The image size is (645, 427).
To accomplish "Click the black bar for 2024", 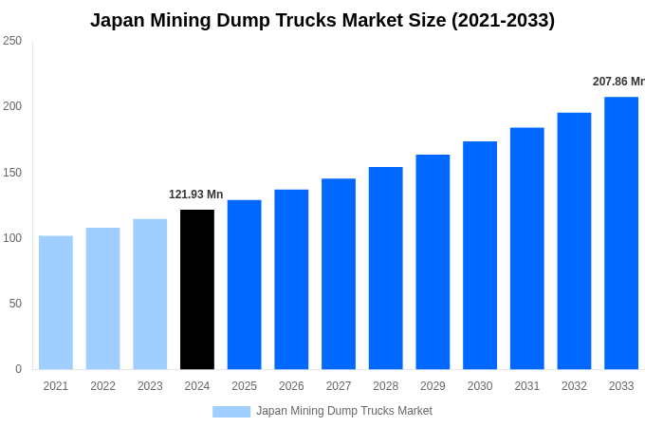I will [197, 289].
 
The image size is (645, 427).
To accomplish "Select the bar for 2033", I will [621, 233].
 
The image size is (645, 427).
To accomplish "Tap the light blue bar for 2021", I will [56, 303].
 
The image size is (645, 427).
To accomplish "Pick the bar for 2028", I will [386, 269].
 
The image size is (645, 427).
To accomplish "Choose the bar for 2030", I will [480, 255].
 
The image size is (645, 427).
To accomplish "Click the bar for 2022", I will [102, 299].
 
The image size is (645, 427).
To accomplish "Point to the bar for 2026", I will [291, 280].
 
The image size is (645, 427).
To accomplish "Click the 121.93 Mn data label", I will [195, 195].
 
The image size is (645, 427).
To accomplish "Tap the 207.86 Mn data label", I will [617, 82].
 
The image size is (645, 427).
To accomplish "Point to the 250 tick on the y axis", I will [12, 41].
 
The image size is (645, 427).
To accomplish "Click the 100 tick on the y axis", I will [12, 238].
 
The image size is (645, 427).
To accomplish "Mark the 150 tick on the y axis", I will [12, 173].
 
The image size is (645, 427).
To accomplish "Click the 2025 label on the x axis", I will [244, 386].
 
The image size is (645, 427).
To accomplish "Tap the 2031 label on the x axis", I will [526, 386].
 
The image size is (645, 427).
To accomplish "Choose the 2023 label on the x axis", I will [150, 386].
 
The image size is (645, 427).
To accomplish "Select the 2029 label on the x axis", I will [433, 386].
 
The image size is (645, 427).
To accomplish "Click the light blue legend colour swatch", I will [231, 412].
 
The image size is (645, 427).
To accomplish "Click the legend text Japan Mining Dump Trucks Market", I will [343, 411].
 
